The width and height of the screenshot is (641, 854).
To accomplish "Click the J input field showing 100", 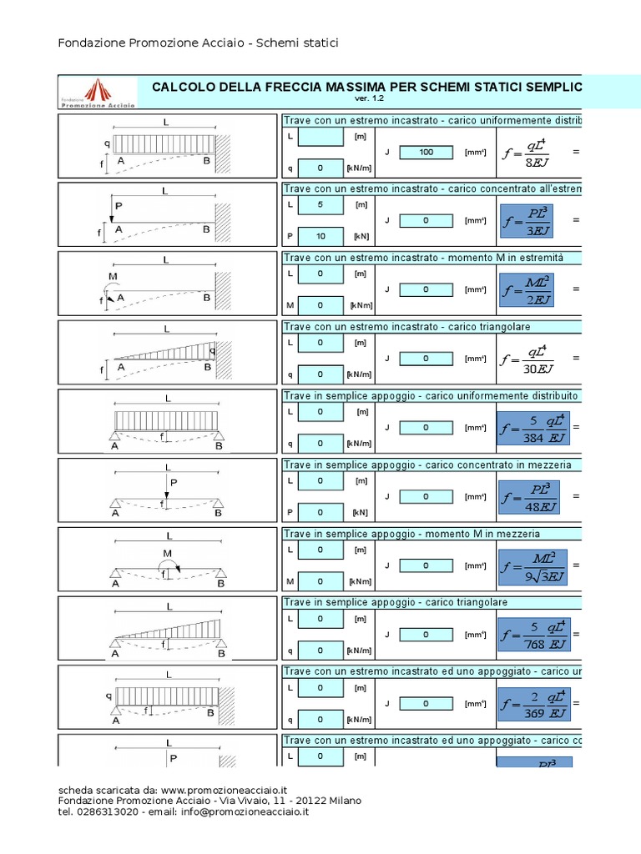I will pyautogui.click(x=426, y=153).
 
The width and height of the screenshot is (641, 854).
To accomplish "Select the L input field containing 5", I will pyautogui.click(x=320, y=204).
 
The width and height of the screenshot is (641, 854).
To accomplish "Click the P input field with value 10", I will pyautogui.click(x=320, y=236).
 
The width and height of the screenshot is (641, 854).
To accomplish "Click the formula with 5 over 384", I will pyautogui.click(x=532, y=429).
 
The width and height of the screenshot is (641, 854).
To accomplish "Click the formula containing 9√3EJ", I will pyautogui.click(x=531, y=566).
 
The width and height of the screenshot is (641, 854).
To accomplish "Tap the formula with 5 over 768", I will pyautogui.click(x=532, y=635).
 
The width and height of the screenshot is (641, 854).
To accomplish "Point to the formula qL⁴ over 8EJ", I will pyautogui.click(x=527, y=153).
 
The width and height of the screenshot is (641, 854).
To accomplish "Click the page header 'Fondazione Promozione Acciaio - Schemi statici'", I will pyautogui.click(x=198, y=43).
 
